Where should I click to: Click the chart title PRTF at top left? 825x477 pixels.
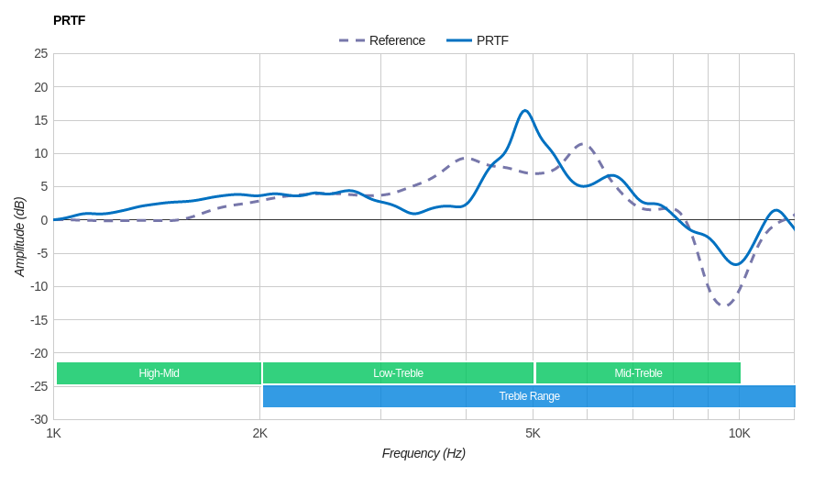(x=69, y=20)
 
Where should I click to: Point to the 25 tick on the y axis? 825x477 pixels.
(x=41, y=53)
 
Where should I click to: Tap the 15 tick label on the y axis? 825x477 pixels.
(x=41, y=120)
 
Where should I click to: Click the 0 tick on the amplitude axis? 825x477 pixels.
(x=44, y=220)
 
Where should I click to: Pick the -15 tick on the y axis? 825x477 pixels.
(x=38, y=320)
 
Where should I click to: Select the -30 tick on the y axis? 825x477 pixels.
(x=38, y=419)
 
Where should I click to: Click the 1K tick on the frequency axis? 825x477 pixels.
(x=54, y=433)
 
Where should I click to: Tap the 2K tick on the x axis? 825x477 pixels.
(x=260, y=433)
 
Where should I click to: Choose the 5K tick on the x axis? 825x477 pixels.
(x=533, y=433)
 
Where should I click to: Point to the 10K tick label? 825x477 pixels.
(x=739, y=433)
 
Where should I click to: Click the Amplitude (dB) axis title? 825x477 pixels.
(x=19, y=237)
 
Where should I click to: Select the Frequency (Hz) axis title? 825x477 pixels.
(x=423, y=453)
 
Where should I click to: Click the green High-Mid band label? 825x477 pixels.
(x=159, y=373)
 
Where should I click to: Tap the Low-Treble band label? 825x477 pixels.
(x=398, y=373)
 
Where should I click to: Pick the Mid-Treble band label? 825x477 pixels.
(x=638, y=373)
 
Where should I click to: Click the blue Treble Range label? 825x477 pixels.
(x=529, y=396)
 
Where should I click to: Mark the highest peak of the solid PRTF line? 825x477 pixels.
(x=525, y=111)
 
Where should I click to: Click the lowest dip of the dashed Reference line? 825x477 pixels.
(x=725, y=305)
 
